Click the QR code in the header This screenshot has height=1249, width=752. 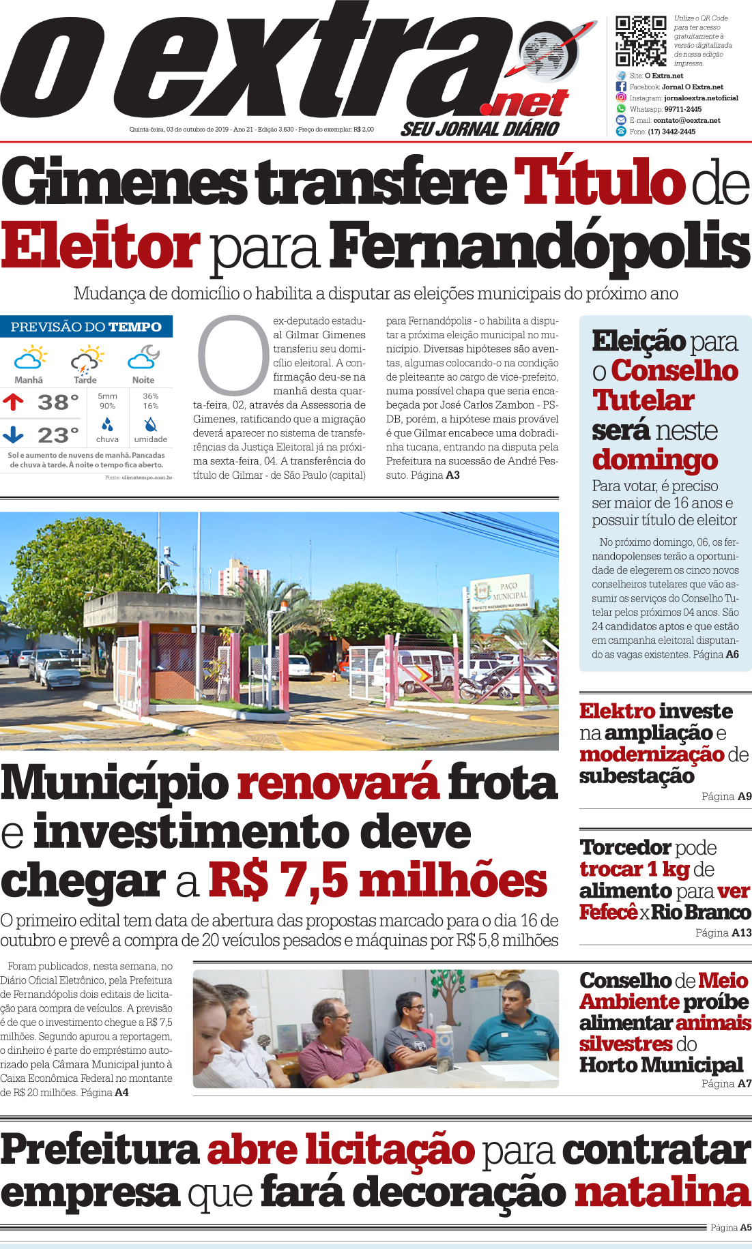pos(640,40)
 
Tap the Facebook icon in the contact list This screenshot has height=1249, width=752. pos(621,87)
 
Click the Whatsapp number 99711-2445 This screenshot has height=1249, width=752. pos(682,109)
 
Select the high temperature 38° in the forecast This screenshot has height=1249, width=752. pos(57,402)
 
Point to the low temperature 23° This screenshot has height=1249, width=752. pos(57,435)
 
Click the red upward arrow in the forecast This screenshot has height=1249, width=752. pos(13,402)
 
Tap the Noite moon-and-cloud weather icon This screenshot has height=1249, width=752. pos(143,357)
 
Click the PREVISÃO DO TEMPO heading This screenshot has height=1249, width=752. pos(86,327)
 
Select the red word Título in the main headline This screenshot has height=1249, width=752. pos(599,181)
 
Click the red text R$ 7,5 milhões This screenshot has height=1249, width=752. pos(377,881)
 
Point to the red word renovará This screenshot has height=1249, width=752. pos(338,782)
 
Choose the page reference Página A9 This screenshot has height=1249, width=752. pos(726,796)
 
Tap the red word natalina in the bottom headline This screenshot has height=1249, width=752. pos(662,1192)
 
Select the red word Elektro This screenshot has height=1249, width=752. pos(617,711)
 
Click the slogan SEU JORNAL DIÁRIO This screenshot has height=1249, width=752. pos(480,128)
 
